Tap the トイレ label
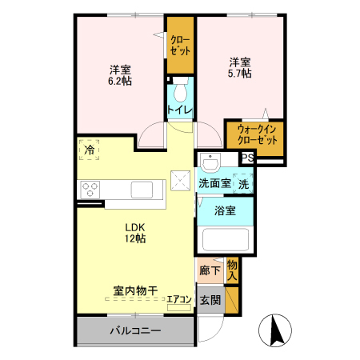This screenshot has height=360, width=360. pos(178,110)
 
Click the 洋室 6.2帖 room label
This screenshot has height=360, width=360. pos(120,74)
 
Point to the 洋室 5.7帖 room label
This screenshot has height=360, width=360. pos(240,67)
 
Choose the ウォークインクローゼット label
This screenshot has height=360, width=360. pos(254,135)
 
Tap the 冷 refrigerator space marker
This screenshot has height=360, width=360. pos(90,150)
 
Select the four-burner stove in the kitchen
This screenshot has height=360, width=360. pos(90,190)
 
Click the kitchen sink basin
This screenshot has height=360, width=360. pos(142,190)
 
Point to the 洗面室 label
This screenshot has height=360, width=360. pos(214,182)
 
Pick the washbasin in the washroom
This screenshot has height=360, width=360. pos(210,163)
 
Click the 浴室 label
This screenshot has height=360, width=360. pos(226,211)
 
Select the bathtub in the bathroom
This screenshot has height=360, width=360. pos(226,240)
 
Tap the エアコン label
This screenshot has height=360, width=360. pos(178,300)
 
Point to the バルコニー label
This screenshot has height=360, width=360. pos(135,330)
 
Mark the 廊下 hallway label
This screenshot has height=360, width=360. pos(210,270)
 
